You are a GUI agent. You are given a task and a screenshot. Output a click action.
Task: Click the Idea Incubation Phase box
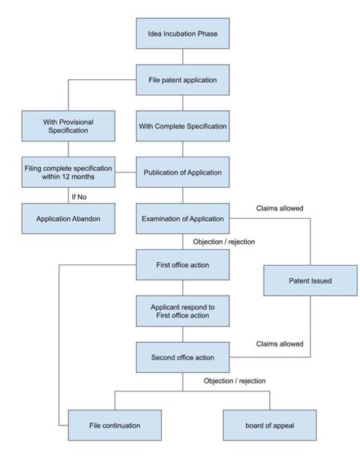click(x=182, y=34)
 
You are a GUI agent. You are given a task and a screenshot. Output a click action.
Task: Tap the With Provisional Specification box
click(x=68, y=125)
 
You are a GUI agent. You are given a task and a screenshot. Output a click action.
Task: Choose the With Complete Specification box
click(x=182, y=125)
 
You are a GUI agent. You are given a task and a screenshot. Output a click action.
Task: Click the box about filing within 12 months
click(x=68, y=172)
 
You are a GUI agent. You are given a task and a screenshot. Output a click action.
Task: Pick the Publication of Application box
click(x=182, y=172)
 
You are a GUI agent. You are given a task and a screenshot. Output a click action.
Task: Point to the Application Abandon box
click(x=68, y=218)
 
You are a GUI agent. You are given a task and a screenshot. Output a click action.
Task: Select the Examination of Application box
click(x=182, y=219)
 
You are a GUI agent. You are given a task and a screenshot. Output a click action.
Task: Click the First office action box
click(x=182, y=264)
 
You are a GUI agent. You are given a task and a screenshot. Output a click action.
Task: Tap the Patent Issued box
click(x=310, y=280)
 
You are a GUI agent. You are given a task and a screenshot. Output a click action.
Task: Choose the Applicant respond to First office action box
click(x=182, y=310)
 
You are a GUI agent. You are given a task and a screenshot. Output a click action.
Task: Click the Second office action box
click(x=182, y=356)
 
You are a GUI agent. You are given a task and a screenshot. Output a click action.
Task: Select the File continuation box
click(x=114, y=425)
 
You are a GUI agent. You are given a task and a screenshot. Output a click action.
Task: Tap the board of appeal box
click(x=269, y=425)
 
